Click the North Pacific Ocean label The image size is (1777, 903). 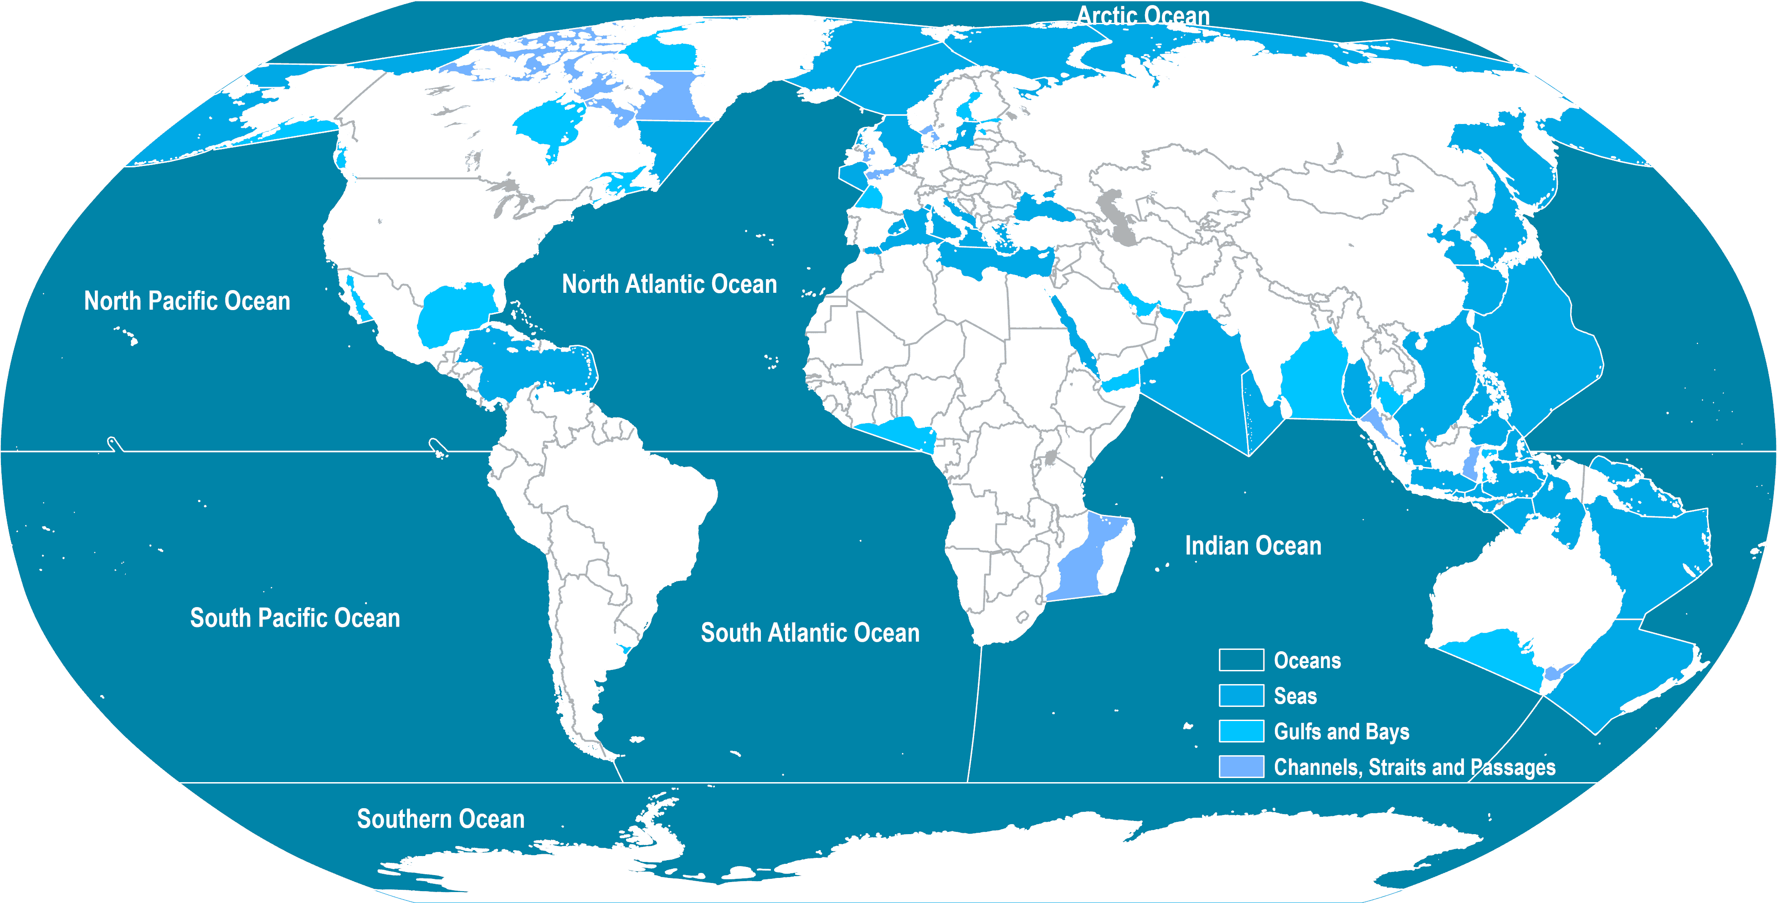click(x=187, y=301)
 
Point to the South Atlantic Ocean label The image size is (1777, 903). click(x=810, y=633)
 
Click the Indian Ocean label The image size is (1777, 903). click(x=1253, y=546)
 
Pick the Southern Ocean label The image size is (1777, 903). click(x=440, y=819)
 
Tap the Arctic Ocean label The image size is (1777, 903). click(x=1143, y=15)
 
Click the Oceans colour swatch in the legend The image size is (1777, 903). click(x=1241, y=660)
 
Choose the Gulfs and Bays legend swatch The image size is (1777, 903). click(x=1241, y=731)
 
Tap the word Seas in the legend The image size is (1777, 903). click(x=1295, y=696)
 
